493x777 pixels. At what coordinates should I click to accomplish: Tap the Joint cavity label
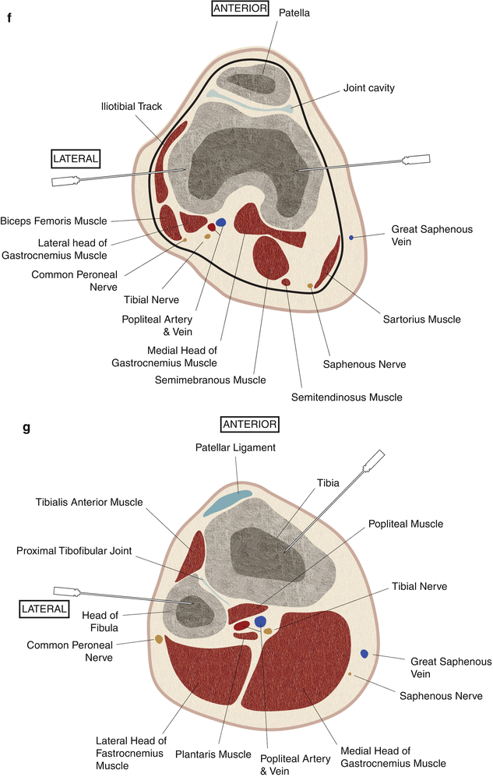tap(368, 88)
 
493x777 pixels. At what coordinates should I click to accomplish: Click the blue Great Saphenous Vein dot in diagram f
tap(351, 237)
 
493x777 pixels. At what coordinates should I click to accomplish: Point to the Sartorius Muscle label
tap(421, 320)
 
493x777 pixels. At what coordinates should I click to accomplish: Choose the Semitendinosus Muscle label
tap(347, 397)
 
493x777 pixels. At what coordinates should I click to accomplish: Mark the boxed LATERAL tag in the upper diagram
tap(76, 159)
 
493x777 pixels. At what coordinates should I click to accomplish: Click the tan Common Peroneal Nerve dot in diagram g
tap(159, 639)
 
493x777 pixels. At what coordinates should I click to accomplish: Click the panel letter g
tap(26, 427)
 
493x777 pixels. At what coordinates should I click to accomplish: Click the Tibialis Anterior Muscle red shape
tap(191, 556)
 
